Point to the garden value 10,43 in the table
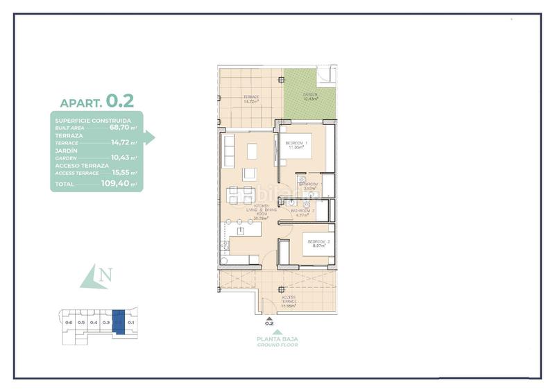(x=122, y=157)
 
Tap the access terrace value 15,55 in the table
(x=122, y=173)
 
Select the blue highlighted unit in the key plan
(x=119, y=323)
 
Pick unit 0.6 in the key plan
(x=68, y=323)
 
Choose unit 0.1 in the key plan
(x=131, y=323)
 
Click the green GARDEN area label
(x=309, y=96)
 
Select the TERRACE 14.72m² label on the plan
(x=250, y=99)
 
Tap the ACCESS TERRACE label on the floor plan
(x=289, y=300)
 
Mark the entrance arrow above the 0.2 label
(x=270, y=316)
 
